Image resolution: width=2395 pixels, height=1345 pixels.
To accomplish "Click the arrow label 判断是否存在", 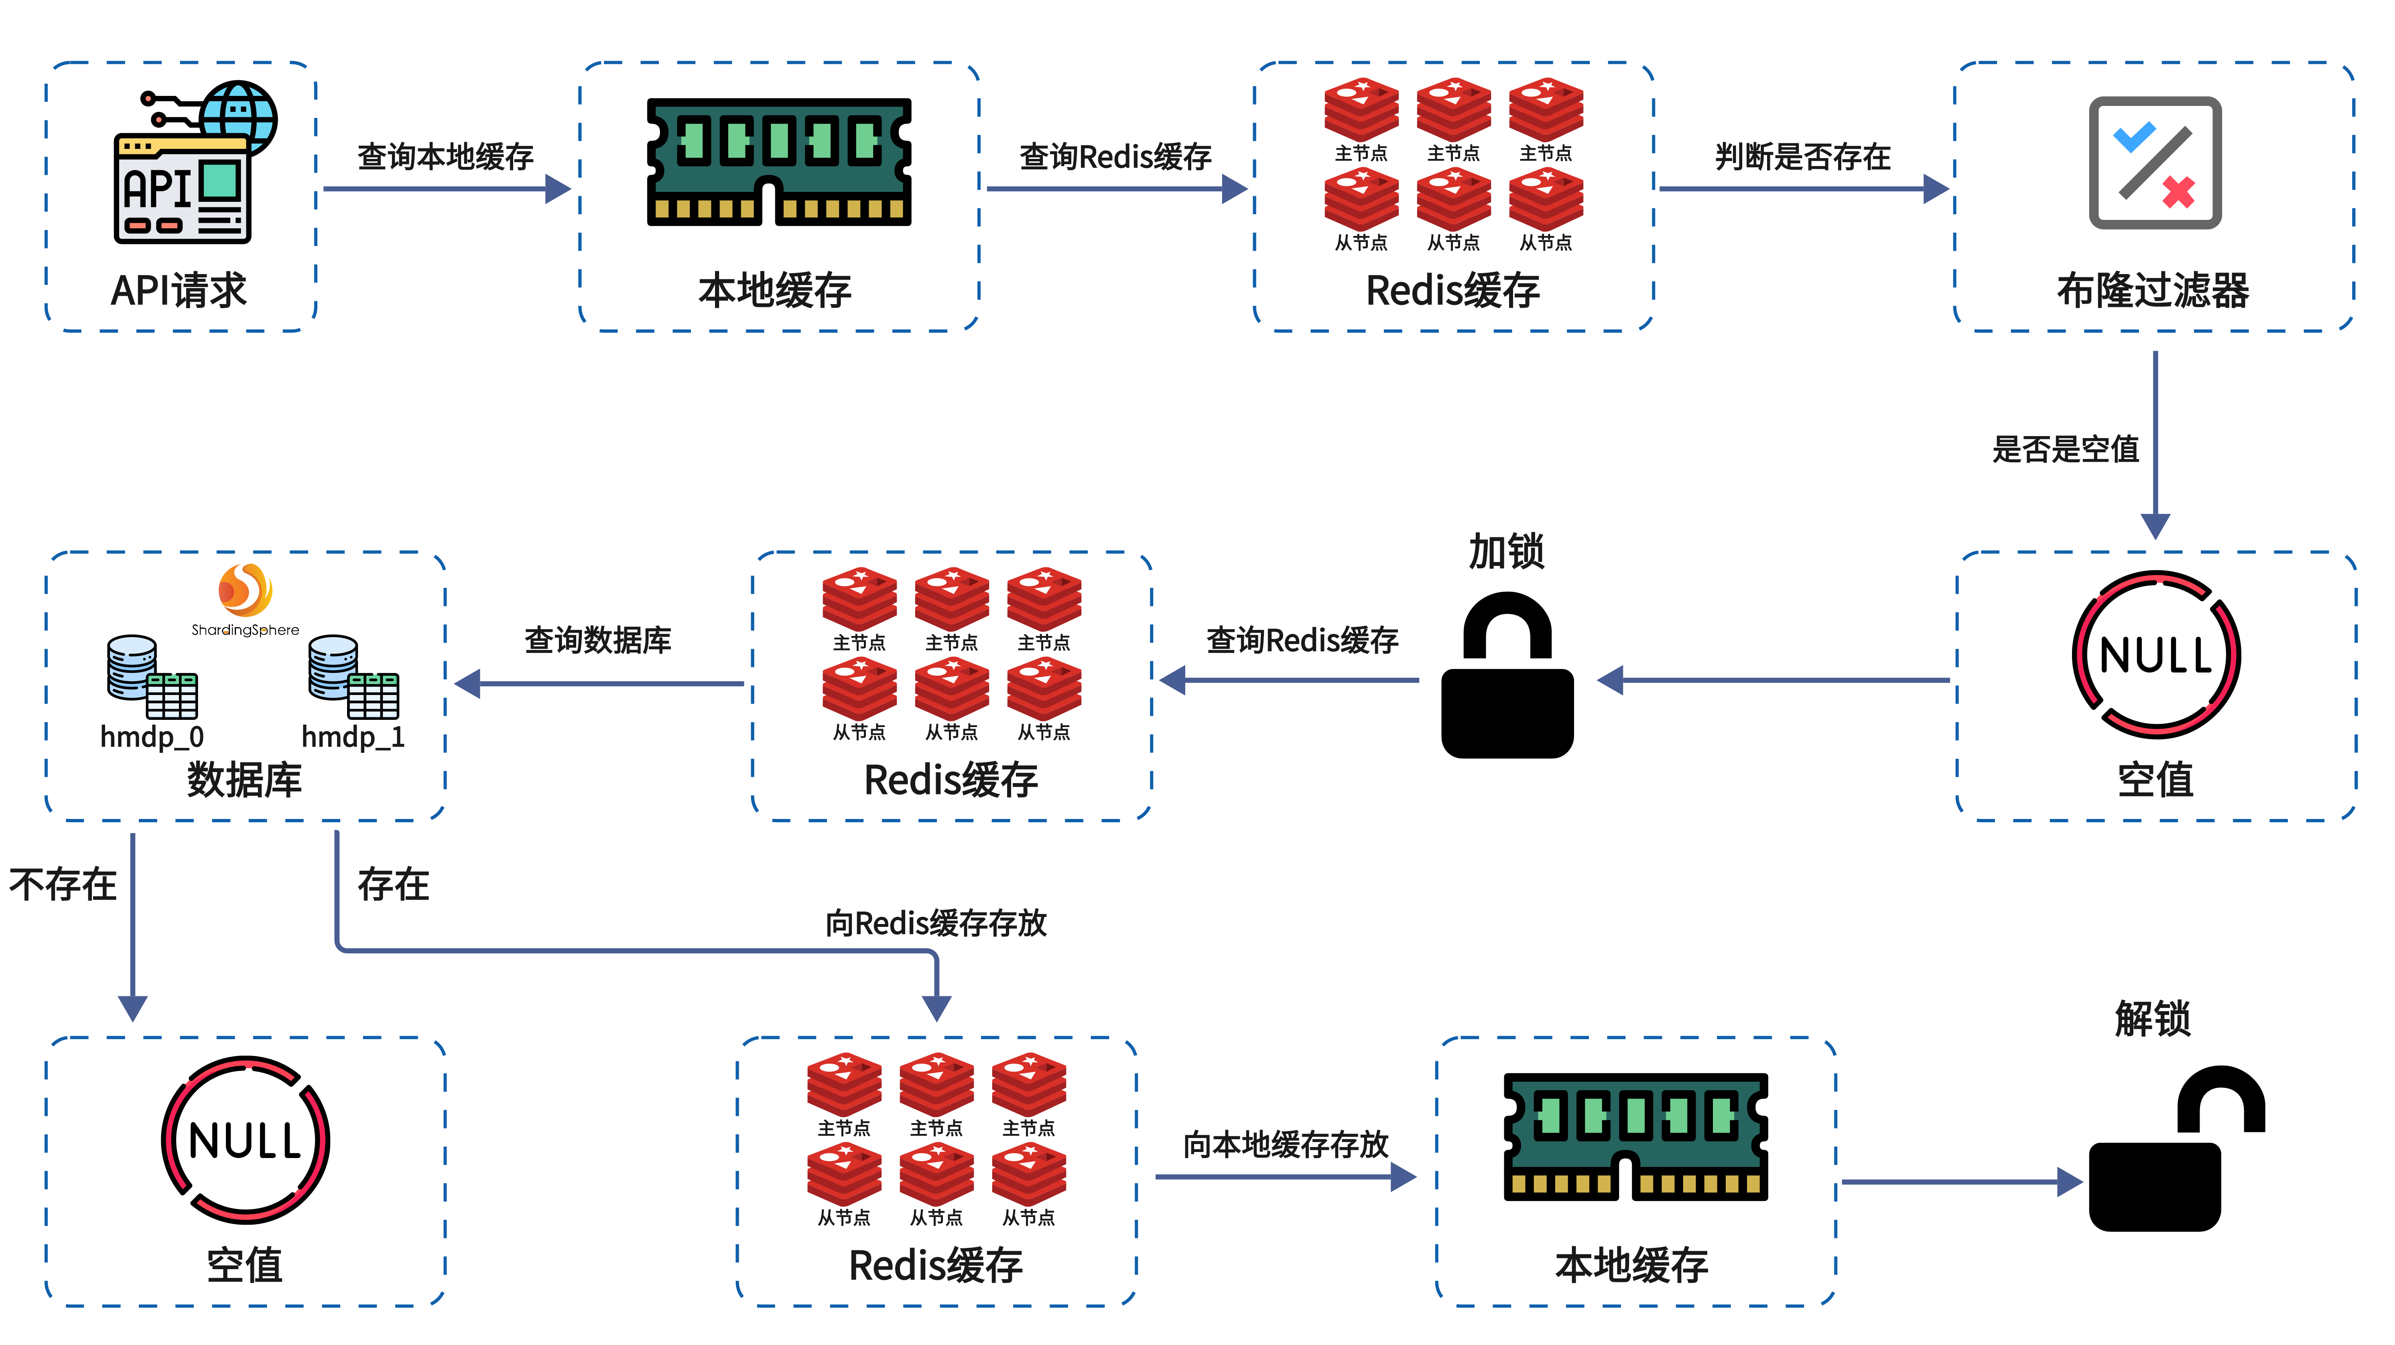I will [x=1802, y=156].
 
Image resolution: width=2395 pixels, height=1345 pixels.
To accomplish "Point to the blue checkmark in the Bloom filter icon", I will [x=2134, y=137].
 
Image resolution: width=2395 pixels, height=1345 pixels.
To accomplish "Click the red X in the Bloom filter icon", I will [x=2178, y=193].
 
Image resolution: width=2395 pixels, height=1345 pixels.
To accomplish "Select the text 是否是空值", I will [x=2065, y=449].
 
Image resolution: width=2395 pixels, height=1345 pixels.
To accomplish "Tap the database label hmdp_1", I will [x=353, y=737].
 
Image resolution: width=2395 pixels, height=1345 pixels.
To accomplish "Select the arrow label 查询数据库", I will [x=598, y=640].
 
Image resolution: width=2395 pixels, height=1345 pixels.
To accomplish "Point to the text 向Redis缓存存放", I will [x=936, y=923].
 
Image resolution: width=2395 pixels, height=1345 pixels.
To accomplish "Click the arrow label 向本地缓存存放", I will [x=1286, y=1144].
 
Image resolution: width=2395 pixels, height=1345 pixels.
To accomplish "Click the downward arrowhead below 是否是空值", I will [x=2155, y=526].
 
